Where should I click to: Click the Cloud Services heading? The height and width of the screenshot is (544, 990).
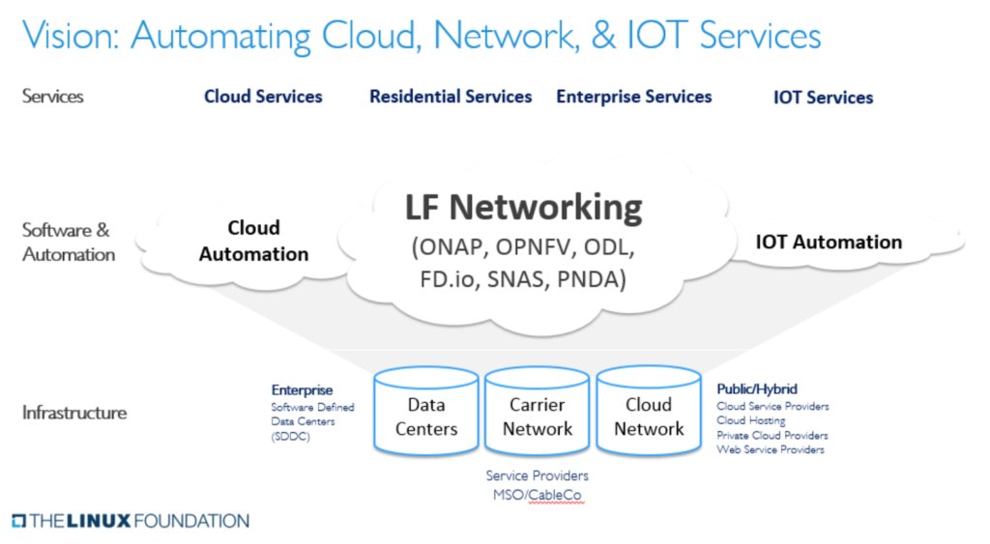pos(263,97)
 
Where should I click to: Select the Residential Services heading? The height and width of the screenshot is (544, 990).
pos(451,97)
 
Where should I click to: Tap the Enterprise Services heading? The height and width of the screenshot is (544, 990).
pos(633,97)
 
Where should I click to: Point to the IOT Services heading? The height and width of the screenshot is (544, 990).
pos(823,98)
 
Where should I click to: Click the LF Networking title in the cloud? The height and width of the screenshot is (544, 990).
pos(523,208)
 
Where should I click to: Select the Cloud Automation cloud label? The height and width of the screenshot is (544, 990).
pos(253,242)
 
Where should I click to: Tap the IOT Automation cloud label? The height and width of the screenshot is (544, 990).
pos(829,243)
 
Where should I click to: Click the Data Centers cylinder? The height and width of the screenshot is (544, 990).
pos(426,416)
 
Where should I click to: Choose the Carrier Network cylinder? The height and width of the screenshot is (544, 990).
pos(538,416)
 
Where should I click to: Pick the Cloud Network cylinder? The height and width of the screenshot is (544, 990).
pos(649,416)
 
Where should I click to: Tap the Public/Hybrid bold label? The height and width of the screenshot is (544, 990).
pos(757,389)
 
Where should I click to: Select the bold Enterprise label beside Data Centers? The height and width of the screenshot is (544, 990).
pos(302,390)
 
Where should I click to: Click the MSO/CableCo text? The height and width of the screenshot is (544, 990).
pos(537,496)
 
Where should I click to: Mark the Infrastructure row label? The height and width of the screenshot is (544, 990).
pos(74,413)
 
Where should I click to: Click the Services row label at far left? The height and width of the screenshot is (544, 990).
pos(53,97)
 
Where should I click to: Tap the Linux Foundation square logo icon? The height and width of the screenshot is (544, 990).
pos(18,522)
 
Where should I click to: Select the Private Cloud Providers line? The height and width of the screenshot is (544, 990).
pos(772,436)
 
